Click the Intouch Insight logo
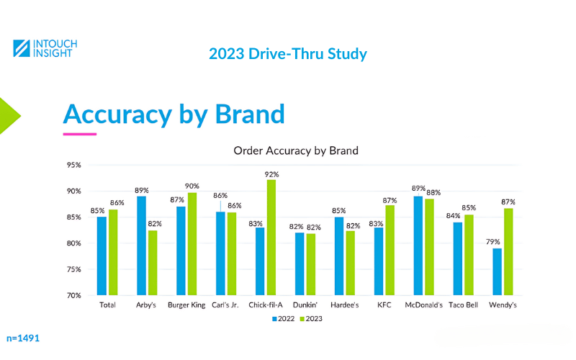45,49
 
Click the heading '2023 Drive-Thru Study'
288,54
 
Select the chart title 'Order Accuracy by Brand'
296,151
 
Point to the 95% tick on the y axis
75,165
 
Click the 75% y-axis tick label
75,269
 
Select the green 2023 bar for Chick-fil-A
271,238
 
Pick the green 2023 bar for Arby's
153,263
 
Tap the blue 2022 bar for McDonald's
418,246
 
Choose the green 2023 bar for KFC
390,250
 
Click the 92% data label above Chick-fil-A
271,174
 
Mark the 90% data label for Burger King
193,186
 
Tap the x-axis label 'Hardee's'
344,305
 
